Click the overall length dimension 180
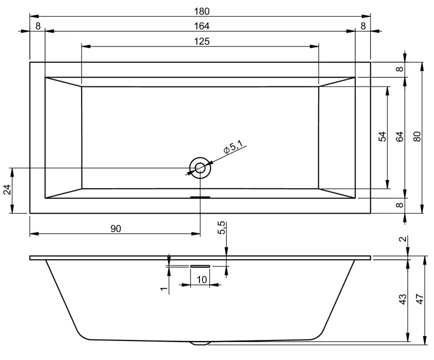(x=199, y=11)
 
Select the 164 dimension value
(x=200, y=26)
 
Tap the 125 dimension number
(x=200, y=42)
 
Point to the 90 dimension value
(x=115, y=228)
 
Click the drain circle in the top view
(x=199, y=168)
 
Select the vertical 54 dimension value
(x=382, y=138)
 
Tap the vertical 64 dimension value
(x=399, y=138)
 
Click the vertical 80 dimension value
(x=416, y=138)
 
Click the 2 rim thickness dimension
(x=402, y=240)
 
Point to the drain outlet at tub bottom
(x=200, y=343)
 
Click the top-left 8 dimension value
(x=38, y=26)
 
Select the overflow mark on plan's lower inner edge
(x=200, y=197)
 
